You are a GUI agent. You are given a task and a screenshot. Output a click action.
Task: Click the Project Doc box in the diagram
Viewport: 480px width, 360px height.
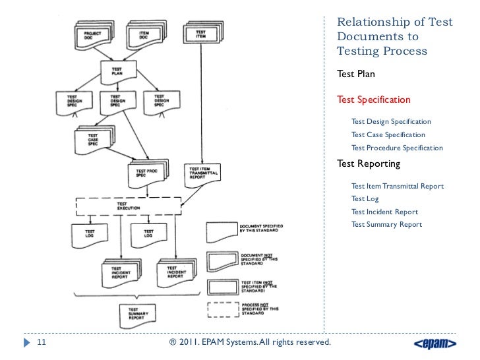[x=91, y=35]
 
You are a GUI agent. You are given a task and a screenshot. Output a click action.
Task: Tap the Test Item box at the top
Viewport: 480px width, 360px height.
[x=200, y=36]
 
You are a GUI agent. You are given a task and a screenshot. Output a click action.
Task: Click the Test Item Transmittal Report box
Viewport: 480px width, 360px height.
[x=202, y=174]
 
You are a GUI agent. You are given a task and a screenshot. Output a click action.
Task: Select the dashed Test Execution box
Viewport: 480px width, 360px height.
[x=129, y=206]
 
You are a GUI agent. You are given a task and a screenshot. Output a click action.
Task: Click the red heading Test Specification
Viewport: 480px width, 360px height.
[x=374, y=100]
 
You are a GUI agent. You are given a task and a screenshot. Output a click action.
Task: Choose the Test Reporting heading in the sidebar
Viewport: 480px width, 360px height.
[x=369, y=163]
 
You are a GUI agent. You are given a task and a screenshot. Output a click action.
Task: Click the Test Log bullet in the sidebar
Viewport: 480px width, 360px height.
[x=365, y=198]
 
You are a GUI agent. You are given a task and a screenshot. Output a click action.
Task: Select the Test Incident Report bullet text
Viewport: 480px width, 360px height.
[x=384, y=212]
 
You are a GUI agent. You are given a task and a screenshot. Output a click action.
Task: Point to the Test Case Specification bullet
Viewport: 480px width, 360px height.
[x=388, y=135]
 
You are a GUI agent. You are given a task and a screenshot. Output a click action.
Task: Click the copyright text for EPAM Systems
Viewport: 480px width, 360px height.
[x=251, y=343]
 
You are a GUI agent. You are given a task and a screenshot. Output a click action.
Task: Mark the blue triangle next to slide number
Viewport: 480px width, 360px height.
[x=26, y=343]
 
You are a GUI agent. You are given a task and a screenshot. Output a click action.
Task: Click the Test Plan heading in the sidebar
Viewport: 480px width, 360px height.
[x=356, y=74]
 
